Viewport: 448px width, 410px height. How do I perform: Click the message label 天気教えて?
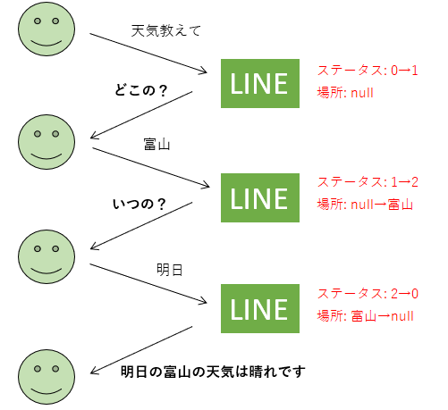166,30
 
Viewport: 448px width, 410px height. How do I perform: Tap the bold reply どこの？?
141,90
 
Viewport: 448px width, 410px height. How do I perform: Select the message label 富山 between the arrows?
156,145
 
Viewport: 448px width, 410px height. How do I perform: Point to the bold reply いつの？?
139,204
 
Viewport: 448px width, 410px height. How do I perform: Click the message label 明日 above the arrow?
170,270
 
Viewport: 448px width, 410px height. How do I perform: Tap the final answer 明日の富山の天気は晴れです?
213,372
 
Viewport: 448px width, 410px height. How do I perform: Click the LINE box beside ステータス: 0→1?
260,83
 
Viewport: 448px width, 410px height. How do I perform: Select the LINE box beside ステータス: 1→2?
260,197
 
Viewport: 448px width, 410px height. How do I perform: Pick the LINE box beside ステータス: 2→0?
260,308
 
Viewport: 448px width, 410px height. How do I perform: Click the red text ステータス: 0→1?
368,71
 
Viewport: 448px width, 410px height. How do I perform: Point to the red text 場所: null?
345,93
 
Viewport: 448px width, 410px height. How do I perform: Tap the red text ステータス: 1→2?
368,181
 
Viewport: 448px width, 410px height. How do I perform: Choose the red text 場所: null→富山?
365,205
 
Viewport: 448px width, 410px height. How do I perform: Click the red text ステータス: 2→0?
368,293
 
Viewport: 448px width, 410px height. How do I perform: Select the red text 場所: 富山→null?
365,316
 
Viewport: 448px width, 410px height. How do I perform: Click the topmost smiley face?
46,29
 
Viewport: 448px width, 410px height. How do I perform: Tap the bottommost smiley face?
46,377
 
